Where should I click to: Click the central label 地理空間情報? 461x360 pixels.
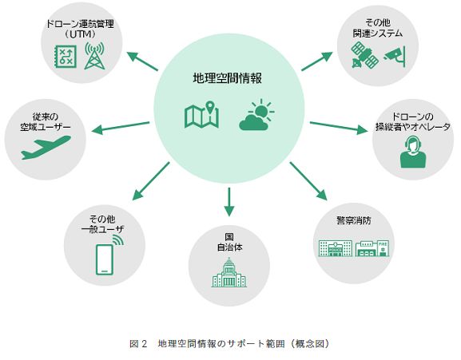(227, 78)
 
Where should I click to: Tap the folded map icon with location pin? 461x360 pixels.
(201, 115)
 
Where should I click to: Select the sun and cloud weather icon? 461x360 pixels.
(256, 115)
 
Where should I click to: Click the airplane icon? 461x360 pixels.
(46, 148)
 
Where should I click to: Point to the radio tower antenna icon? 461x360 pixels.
(94, 56)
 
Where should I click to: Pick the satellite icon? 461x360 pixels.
(365, 55)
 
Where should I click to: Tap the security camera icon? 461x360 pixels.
(395, 56)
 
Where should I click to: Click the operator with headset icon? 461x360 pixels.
(413, 152)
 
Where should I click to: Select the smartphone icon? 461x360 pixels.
(108, 256)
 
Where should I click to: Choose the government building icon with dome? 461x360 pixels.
(229, 272)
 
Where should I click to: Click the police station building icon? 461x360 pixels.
(336, 248)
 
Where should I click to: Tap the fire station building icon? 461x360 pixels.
(372, 248)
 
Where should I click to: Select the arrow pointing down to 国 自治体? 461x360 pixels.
(229, 202)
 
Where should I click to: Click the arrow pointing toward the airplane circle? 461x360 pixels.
(121, 128)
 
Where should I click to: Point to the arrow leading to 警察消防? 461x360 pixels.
(308, 181)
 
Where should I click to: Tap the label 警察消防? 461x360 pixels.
(354, 220)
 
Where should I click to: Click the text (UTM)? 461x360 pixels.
(80, 34)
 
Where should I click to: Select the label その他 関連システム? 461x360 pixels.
(377, 28)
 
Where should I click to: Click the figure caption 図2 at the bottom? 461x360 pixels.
(138, 343)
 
